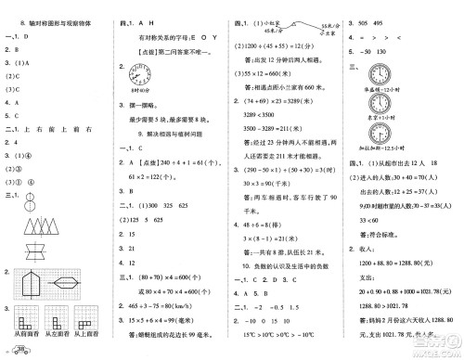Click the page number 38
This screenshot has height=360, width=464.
coord(19,349)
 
